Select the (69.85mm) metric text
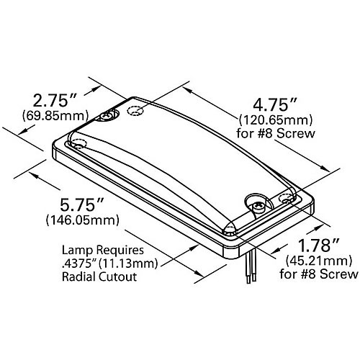click(x=55, y=115)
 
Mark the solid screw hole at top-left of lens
click(x=110, y=116)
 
